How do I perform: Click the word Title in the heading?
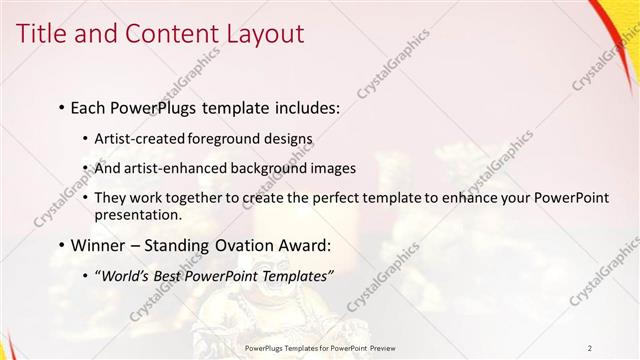pos(45,33)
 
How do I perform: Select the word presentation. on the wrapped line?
pos(138,214)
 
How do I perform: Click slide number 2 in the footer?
pos(590,348)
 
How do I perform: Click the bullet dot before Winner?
pos(62,246)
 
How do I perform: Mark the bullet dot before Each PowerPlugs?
pos(62,106)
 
